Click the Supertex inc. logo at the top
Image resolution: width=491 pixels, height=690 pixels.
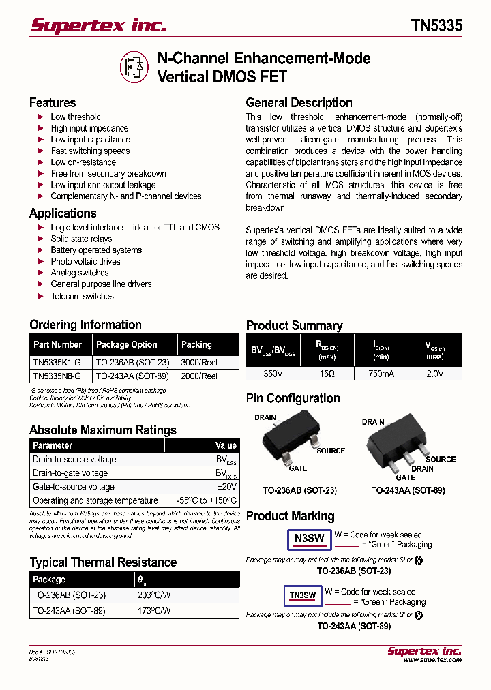[x=99, y=26]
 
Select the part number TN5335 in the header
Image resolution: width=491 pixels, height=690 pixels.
[x=436, y=26]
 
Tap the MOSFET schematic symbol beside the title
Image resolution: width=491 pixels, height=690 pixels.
[x=134, y=67]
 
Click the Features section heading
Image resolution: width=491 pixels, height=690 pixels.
[x=53, y=103]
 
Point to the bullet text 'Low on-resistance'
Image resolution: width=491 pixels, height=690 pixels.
[x=83, y=162]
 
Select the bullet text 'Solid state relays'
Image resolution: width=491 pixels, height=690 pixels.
[x=81, y=239]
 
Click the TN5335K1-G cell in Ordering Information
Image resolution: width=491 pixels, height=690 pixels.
[x=57, y=363]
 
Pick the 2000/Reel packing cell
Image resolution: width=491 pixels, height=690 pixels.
[x=199, y=376]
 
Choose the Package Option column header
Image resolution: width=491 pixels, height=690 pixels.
[x=127, y=345]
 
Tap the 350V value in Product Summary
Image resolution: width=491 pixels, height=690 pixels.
[x=273, y=374]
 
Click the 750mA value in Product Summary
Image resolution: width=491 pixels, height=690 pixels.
[x=381, y=374]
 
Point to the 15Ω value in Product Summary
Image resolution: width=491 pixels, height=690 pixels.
[x=327, y=374]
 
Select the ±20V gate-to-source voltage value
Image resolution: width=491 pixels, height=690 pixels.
[x=226, y=487]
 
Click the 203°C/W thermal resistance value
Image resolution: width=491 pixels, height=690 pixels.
[x=154, y=595]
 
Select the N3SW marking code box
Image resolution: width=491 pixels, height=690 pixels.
[x=309, y=539]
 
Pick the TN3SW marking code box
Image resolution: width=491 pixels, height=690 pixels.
[x=303, y=595]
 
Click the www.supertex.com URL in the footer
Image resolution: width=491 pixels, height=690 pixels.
[x=432, y=660]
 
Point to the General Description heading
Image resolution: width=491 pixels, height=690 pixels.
[x=299, y=103]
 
